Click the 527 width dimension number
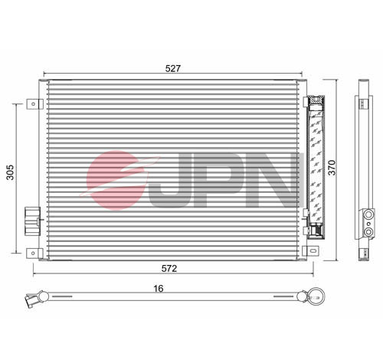click(173, 68)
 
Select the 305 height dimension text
click(10, 176)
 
